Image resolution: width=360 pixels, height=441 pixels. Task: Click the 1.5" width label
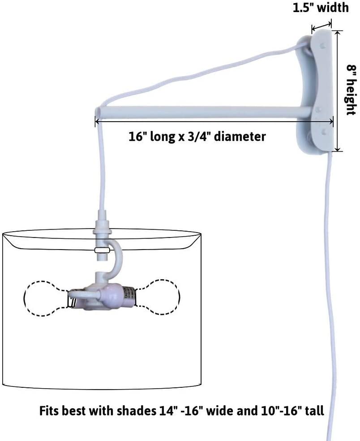click(320, 8)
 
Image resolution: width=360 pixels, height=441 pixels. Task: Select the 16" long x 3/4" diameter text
click(196, 136)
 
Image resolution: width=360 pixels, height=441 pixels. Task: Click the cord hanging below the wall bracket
click(329, 268)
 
